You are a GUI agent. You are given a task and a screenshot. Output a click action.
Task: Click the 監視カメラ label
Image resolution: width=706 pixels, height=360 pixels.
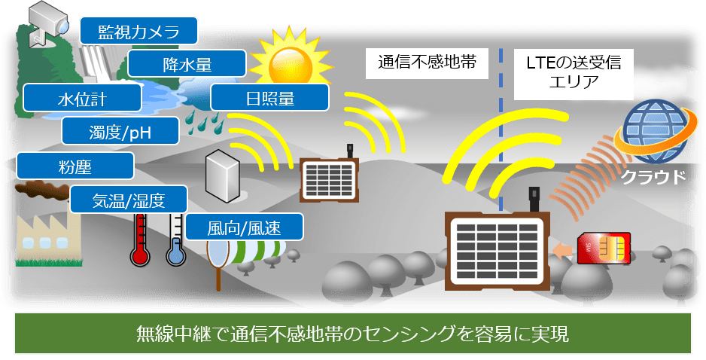139,32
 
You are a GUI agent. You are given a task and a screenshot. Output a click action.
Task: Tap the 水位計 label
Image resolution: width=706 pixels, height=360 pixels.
81,99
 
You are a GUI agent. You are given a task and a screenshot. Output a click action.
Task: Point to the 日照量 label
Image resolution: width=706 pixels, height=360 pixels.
269,98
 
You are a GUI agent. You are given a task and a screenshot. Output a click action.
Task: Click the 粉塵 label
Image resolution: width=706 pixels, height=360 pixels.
75,166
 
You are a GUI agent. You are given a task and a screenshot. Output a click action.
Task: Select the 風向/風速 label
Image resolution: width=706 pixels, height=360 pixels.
244,227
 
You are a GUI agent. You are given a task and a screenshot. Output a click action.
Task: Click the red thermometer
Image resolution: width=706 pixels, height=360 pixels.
139,241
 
